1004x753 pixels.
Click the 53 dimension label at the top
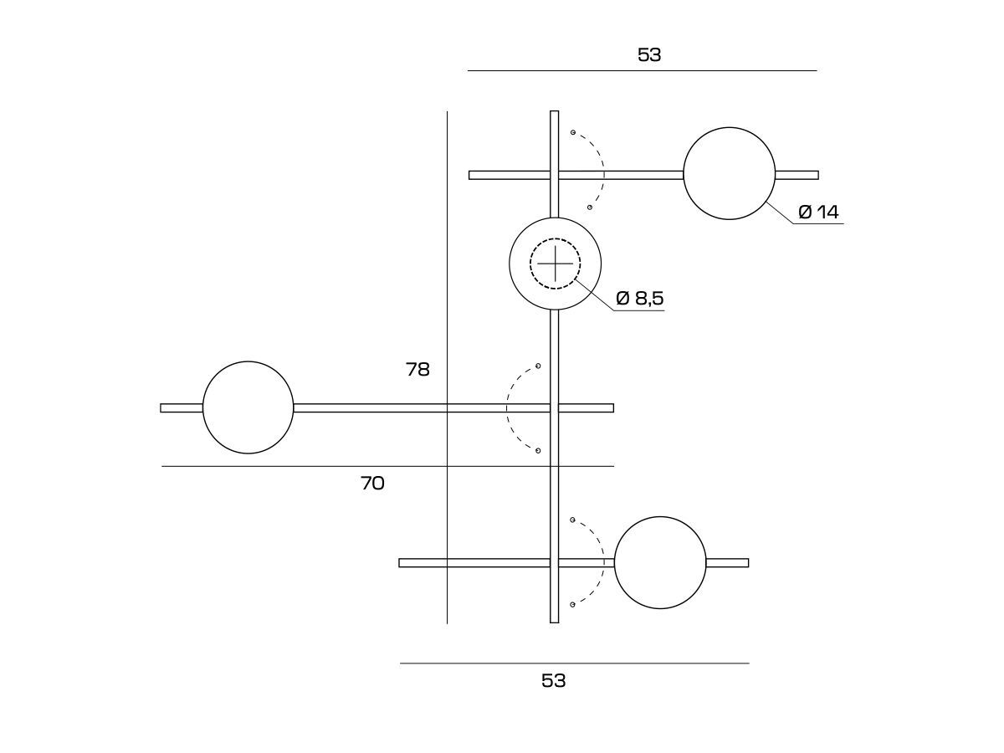pos(649,55)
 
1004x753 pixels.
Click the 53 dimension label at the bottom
pos(554,681)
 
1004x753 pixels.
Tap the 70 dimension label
pos(372,484)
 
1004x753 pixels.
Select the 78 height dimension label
pos(417,370)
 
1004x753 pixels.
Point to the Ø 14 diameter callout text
pos(818,213)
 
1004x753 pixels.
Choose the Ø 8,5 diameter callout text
pos(639,299)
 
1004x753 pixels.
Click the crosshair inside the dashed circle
pos(555,264)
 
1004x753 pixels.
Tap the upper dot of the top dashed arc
pos(572,132)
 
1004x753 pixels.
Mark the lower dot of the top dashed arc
pos(590,207)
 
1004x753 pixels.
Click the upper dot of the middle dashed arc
pos(538,366)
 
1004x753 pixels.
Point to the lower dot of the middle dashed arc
pos(538,451)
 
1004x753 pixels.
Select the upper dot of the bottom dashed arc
pos(572,520)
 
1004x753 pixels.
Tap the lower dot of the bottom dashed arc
pos(572,605)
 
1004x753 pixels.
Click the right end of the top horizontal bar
pos(818,175)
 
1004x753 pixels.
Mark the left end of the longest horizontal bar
pos(161,407)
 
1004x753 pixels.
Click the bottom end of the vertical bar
pos(555,622)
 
